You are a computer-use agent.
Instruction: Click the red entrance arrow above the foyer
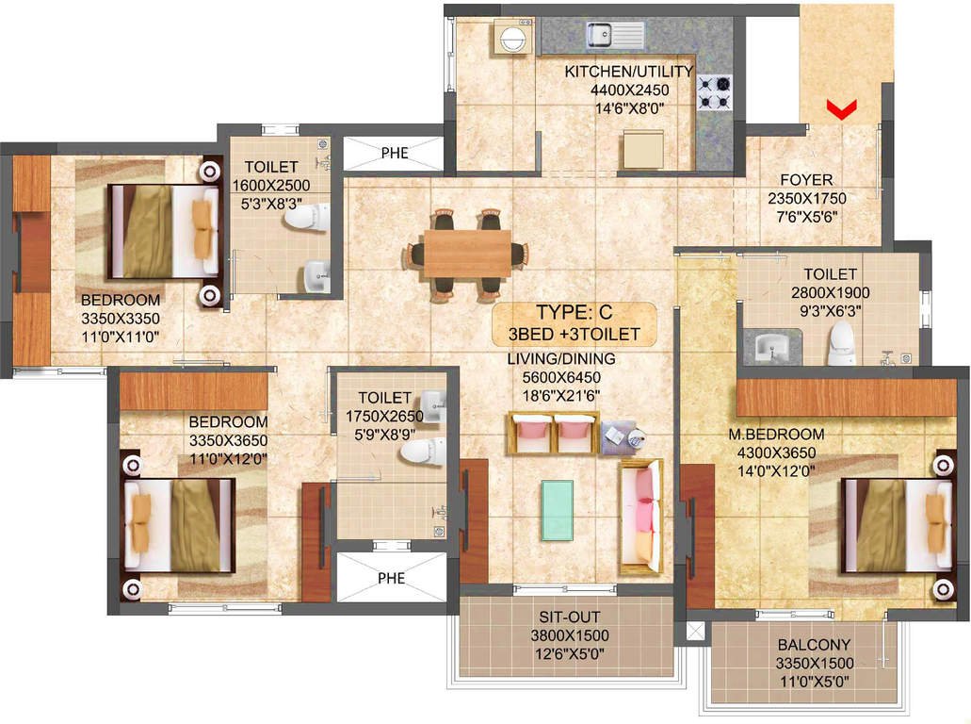pyautogui.click(x=842, y=109)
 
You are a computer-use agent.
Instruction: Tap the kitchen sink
pyautogui.click(x=615, y=35)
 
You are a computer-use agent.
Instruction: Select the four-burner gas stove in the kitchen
pyautogui.click(x=715, y=93)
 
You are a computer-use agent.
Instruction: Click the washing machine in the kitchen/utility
pyautogui.click(x=514, y=37)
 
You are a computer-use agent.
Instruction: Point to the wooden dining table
pyautogui.click(x=467, y=254)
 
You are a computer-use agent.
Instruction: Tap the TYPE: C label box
pyautogui.click(x=575, y=323)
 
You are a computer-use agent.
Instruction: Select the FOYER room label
pyautogui.click(x=806, y=180)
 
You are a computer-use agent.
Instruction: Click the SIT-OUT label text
pyautogui.click(x=569, y=617)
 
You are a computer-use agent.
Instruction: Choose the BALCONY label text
pyautogui.click(x=814, y=645)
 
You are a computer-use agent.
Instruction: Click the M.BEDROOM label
pyautogui.click(x=776, y=434)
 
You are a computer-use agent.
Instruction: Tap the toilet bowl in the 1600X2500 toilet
pyautogui.click(x=306, y=217)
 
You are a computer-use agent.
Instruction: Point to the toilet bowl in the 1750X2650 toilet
pyautogui.click(x=424, y=452)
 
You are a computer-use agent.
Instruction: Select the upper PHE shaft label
pyautogui.click(x=395, y=153)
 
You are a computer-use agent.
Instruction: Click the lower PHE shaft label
pyautogui.click(x=392, y=578)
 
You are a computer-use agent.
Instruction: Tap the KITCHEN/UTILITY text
pyautogui.click(x=628, y=72)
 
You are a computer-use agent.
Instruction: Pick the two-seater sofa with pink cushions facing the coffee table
pyautogui.click(x=553, y=433)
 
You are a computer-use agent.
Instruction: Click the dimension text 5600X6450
pyautogui.click(x=561, y=377)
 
